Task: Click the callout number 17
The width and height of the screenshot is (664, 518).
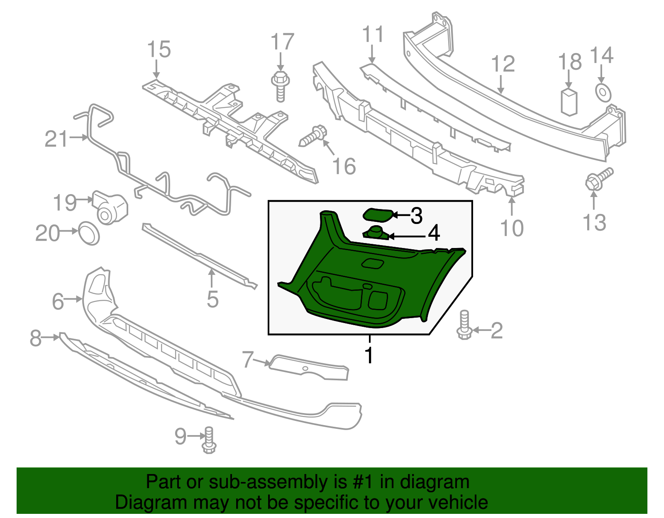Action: tap(282, 42)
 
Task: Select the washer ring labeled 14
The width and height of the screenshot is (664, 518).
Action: tap(603, 92)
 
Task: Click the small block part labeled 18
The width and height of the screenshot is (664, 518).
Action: tap(569, 101)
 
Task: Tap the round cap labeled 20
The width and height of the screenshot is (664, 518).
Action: tap(89, 233)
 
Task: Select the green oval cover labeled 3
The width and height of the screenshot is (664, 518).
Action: tap(378, 215)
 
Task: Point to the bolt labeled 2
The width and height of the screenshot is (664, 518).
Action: tap(464, 325)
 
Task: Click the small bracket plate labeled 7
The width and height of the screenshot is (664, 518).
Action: tap(309, 368)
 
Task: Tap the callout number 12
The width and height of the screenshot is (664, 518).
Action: tap(503, 64)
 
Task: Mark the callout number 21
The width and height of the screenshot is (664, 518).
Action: tap(56, 139)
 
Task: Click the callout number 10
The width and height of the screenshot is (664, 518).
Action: tap(512, 228)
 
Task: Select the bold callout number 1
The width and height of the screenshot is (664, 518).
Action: tap(369, 355)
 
